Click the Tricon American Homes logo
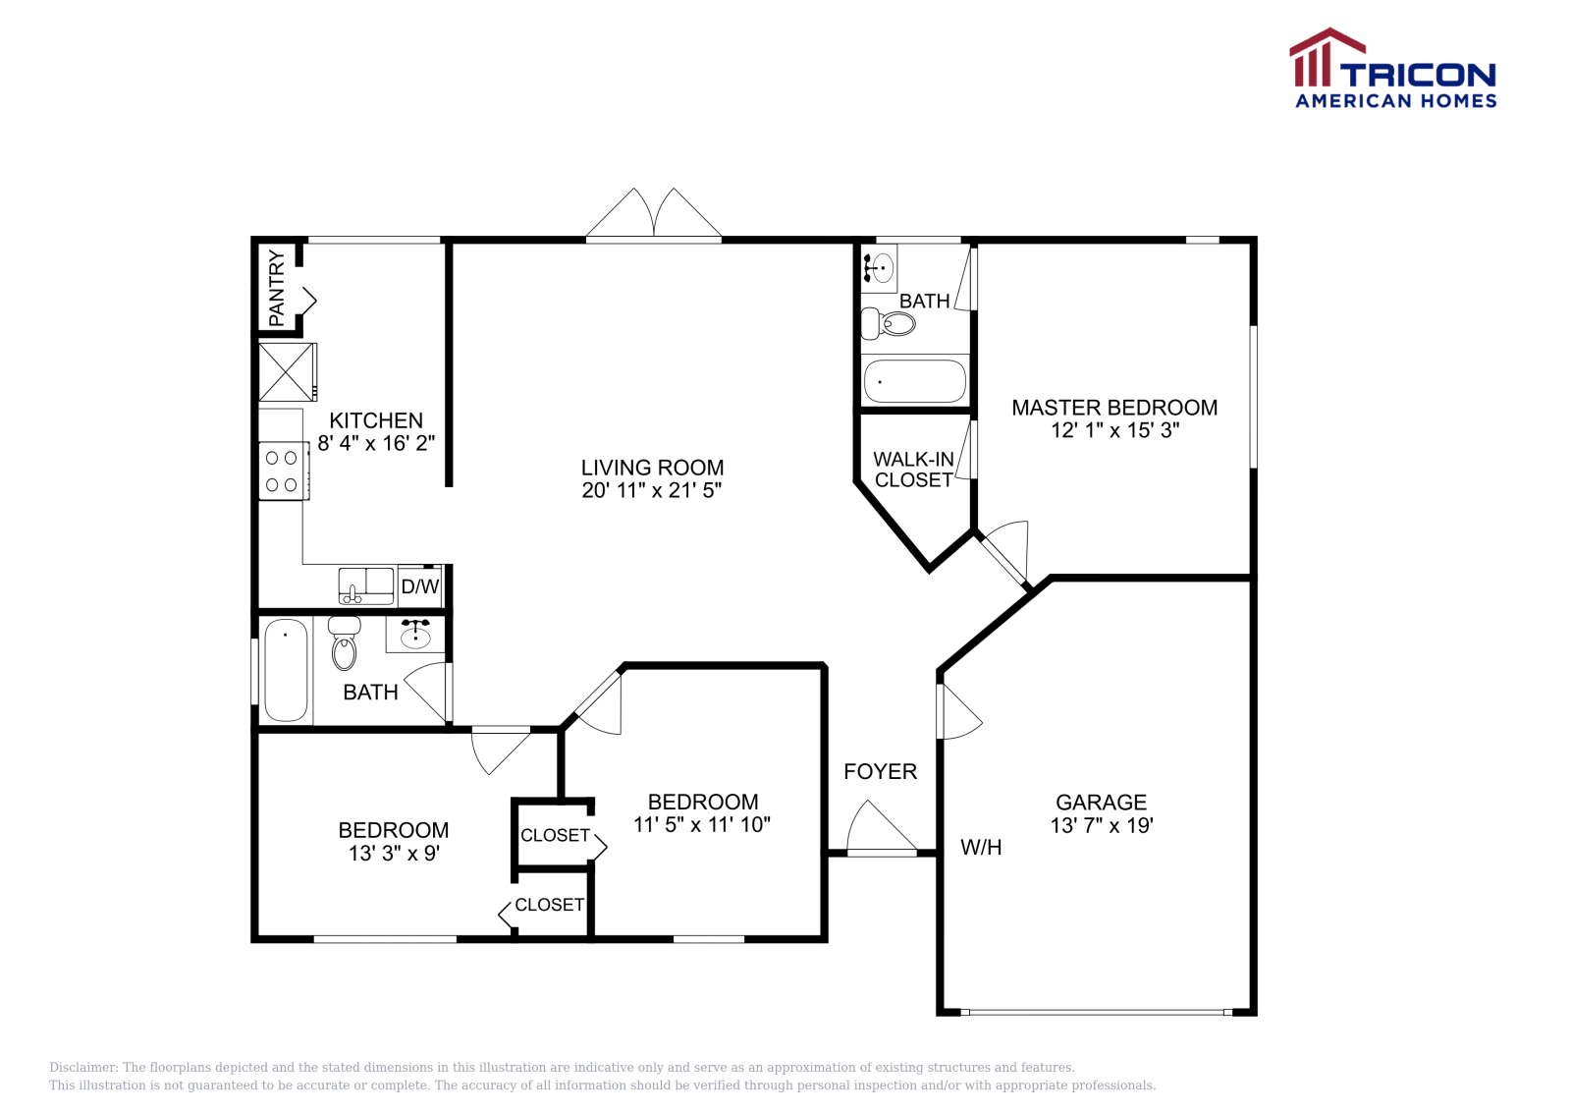tap(1392, 69)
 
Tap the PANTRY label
tap(277, 289)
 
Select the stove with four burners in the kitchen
tap(283, 472)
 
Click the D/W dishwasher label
tap(420, 587)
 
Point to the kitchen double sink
tap(365, 585)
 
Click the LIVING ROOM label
tap(652, 468)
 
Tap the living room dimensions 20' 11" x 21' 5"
tap(652, 490)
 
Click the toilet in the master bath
tap(889, 322)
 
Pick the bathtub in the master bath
tap(914, 381)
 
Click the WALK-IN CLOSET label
tap(913, 470)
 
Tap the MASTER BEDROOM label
tap(1114, 408)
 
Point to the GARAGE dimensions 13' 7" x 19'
tap(1101, 826)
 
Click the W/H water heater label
tap(981, 848)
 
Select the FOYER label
tap(880, 772)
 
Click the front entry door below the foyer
tap(882, 831)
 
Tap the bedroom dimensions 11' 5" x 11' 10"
tap(701, 825)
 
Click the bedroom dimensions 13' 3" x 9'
tap(394, 854)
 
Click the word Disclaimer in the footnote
tap(82, 1068)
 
